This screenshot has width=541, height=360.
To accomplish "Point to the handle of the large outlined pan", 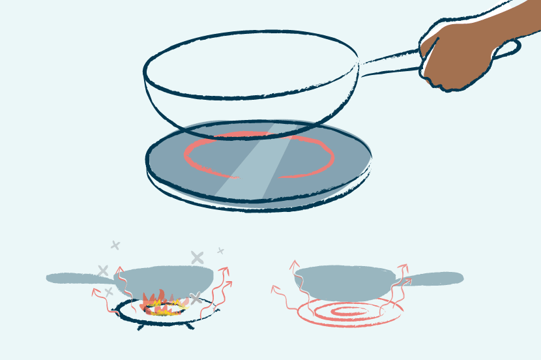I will tap(391, 62).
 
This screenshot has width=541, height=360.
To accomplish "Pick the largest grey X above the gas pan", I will tap(197, 258).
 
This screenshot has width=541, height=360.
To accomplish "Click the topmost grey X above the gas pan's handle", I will tap(115, 245).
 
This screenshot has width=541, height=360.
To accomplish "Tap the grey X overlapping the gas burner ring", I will tap(195, 299).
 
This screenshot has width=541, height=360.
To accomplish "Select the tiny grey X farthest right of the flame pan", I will tap(220, 250).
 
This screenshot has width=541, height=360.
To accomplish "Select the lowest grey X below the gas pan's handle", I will tap(109, 292).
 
